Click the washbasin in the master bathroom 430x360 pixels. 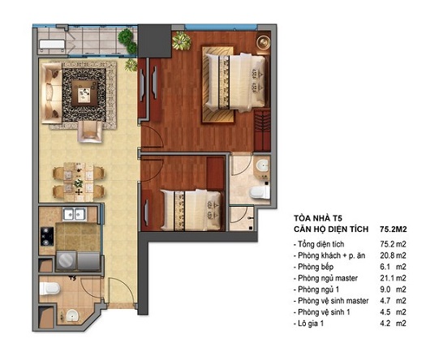click(x=260, y=165)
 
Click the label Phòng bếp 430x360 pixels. click(x=319, y=268)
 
